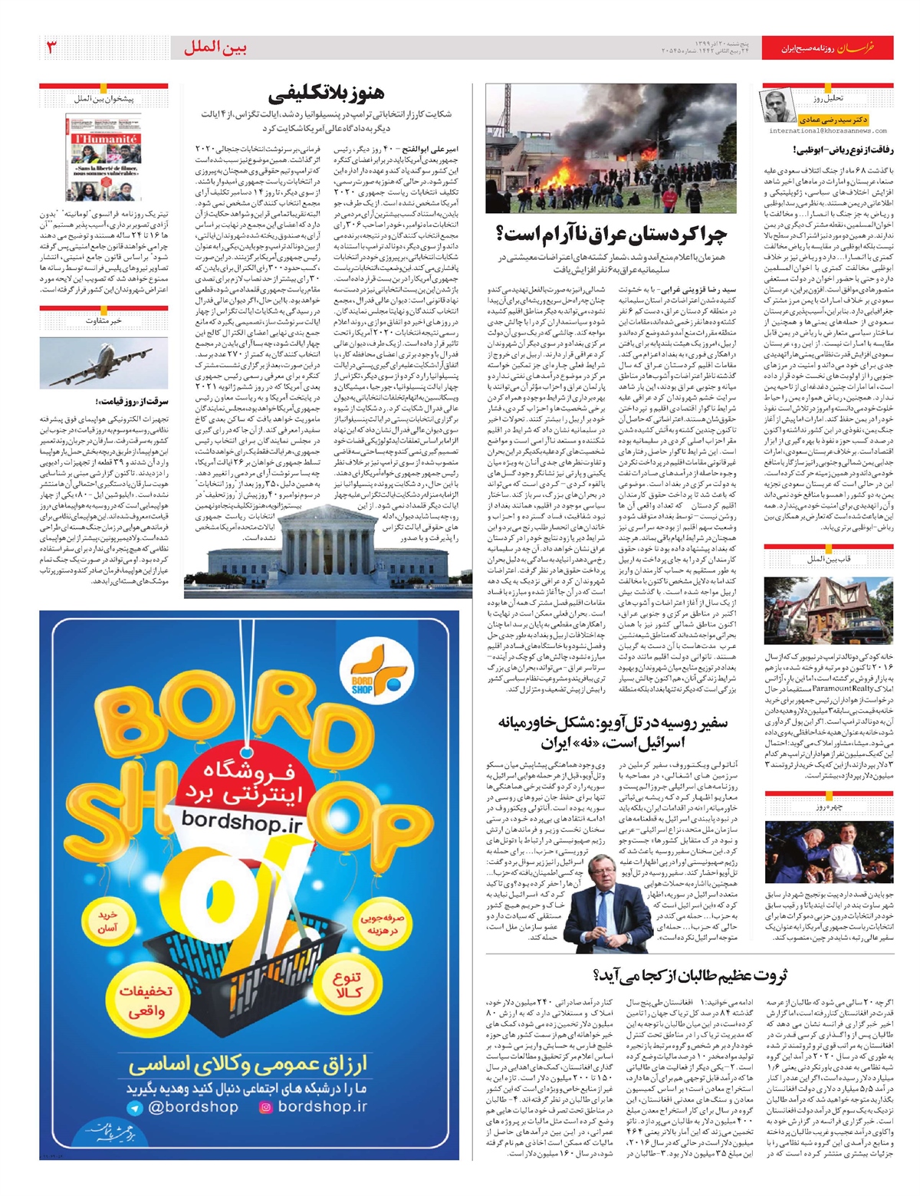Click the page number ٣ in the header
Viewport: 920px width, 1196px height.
point(52,48)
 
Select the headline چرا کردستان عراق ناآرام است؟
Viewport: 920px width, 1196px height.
point(611,234)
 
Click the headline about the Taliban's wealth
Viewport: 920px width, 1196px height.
point(690,976)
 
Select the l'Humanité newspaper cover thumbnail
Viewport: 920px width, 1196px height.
point(104,158)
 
